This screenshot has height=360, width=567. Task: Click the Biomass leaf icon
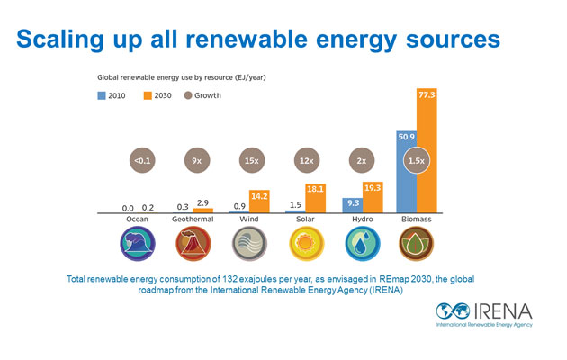coord(416,242)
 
